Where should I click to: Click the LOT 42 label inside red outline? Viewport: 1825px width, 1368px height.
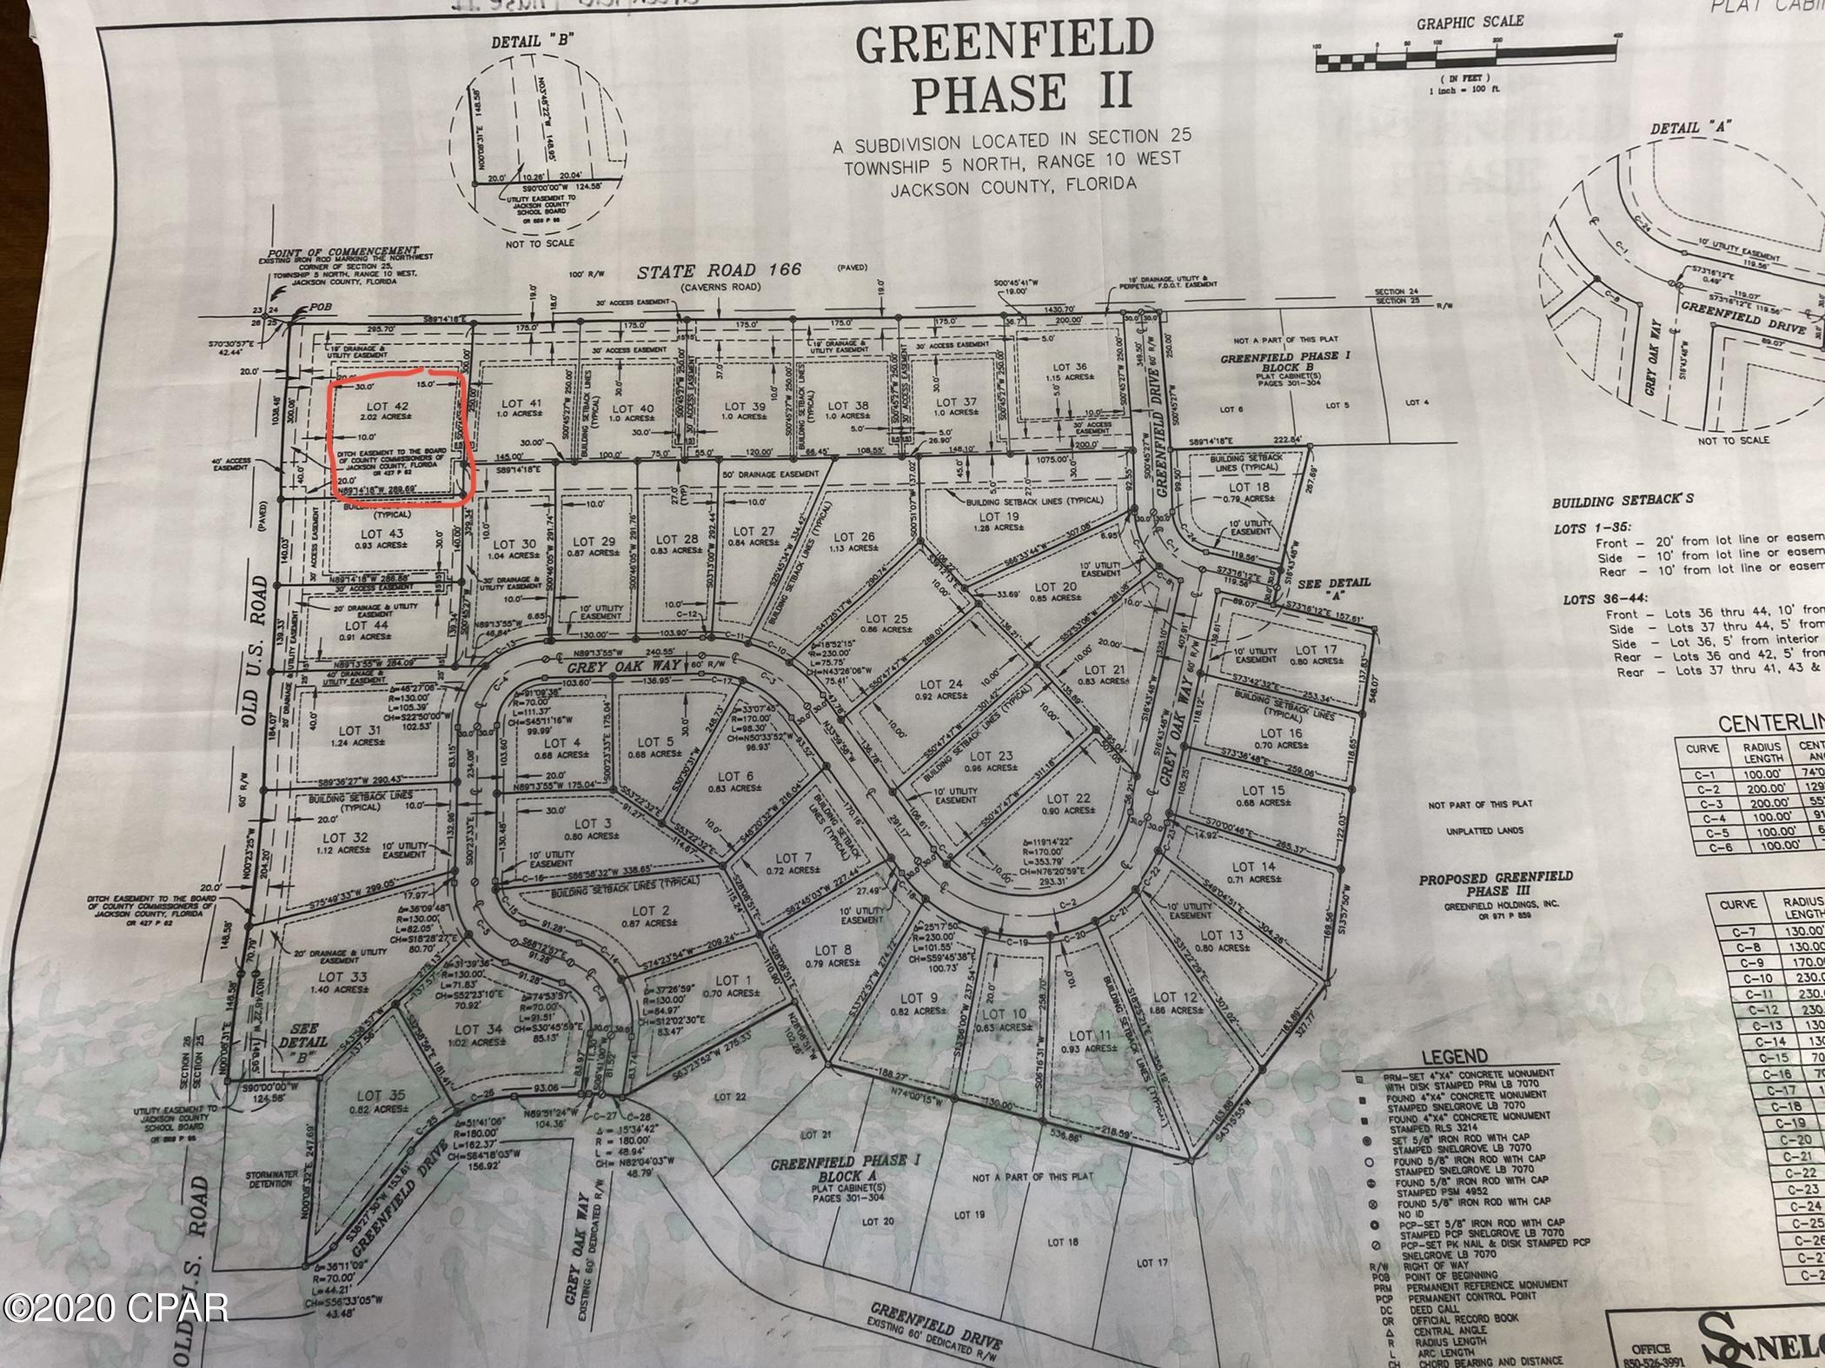pos(387,406)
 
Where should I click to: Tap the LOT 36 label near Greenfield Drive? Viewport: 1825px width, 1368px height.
pos(1068,367)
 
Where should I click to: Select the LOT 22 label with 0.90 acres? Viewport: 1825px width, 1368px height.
pos(1068,798)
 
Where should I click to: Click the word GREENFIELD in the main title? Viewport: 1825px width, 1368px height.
pos(1004,43)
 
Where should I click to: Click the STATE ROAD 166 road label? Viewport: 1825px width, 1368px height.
pos(719,272)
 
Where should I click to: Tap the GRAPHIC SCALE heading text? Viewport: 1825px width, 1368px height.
pos(1470,22)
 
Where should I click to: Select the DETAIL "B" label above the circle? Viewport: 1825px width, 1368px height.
pos(531,41)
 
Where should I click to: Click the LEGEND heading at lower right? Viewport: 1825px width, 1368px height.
pos(1455,1057)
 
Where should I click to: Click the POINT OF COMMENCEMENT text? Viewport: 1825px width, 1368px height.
pos(343,251)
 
